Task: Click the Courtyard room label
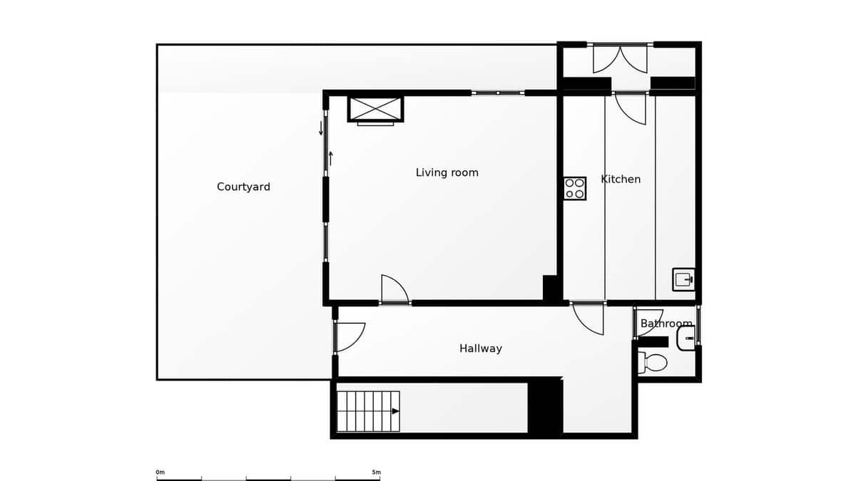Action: click(x=243, y=187)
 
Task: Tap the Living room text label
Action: click(x=447, y=172)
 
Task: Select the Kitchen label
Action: click(x=621, y=179)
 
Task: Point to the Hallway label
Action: click(x=480, y=348)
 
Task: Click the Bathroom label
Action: click(x=666, y=324)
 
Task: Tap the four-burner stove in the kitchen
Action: click(x=574, y=188)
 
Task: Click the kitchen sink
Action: click(x=683, y=279)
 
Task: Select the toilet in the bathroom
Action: click(x=653, y=363)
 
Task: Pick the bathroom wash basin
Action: click(x=686, y=338)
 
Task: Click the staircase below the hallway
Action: click(x=368, y=411)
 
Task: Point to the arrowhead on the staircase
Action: click(x=395, y=411)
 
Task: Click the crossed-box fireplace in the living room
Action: click(x=375, y=108)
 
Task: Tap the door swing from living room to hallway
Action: click(x=394, y=289)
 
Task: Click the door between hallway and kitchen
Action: click(x=589, y=318)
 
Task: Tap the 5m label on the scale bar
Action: click(x=376, y=472)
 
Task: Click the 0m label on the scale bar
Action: click(x=160, y=472)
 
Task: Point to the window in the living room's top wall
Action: click(x=498, y=93)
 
